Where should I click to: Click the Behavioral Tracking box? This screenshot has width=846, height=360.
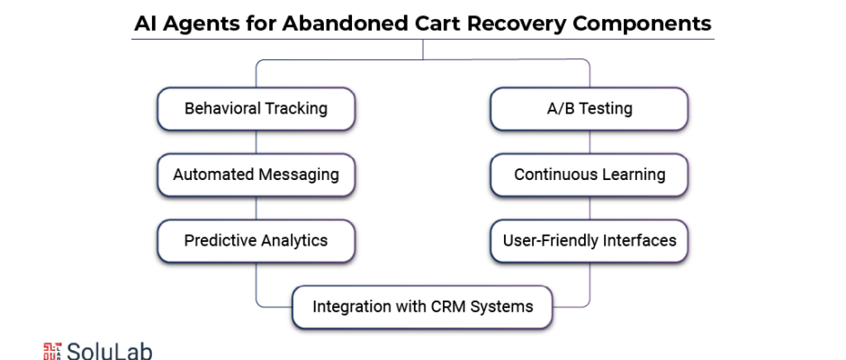tap(256, 109)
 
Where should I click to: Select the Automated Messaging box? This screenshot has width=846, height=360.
tap(256, 175)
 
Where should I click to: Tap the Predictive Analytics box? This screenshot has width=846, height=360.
tap(256, 240)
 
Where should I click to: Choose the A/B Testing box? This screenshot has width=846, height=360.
tap(589, 109)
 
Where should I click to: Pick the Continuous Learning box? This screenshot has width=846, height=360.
tap(589, 175)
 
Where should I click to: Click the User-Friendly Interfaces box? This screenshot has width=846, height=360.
tap(589, 240)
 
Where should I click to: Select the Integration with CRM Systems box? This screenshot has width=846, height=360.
tap(422, 307)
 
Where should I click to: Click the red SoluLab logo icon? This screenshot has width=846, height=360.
tap(52, 351)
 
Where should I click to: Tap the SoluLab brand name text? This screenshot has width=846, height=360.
tap(110, 351)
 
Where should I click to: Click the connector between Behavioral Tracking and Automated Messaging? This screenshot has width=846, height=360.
tap(256, 142)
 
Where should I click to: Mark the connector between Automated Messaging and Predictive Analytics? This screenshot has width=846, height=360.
tap(256, 208)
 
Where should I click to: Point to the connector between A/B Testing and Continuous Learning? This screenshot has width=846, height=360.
tap(589, 142)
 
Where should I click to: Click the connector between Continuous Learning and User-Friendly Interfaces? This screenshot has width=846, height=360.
tap(589, 208)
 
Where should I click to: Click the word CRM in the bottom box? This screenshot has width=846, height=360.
tap(448, 307)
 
